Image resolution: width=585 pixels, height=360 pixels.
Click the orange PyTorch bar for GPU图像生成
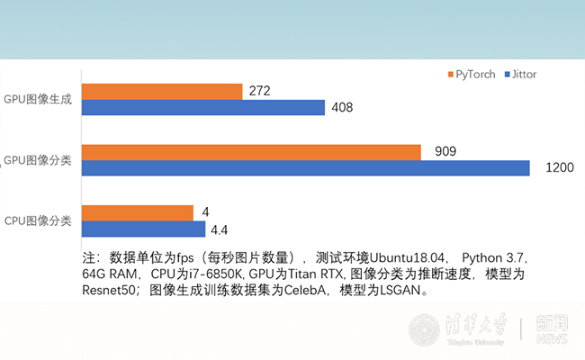(x=162, y=91)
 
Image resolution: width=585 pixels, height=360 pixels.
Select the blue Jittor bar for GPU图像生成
(x=203, y=108)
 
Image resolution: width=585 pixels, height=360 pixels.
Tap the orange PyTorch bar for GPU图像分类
(x=251, y=152)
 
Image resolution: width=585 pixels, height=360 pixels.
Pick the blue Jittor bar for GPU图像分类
(x=306, y=168)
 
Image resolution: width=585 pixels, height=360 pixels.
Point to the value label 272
(x=261, y=91)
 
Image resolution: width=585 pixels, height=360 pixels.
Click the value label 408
(x=342, y=108)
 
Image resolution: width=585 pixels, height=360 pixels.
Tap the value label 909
(x=446, y=151)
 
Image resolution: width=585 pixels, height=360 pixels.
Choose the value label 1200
(x=560, y=168)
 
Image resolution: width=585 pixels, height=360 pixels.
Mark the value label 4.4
(x=220, y=229)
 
